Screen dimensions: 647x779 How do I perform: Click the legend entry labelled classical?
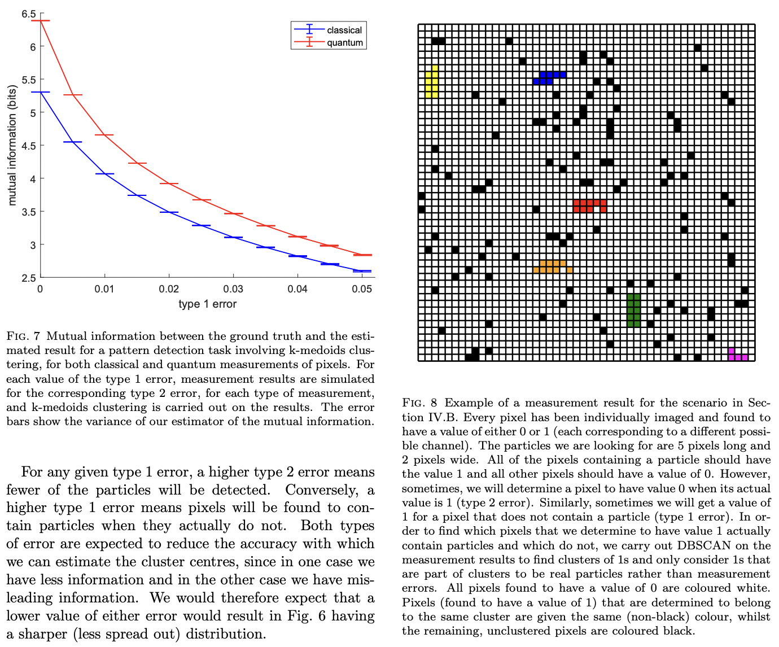(344, 30)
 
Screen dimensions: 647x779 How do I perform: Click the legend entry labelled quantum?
(344, 43)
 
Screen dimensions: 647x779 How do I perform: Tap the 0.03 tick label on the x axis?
(233, 290)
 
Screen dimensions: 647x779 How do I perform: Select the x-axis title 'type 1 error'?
(207, 304)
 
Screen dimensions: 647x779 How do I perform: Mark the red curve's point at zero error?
(41, 21)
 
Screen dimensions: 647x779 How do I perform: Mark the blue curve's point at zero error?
(41, 92)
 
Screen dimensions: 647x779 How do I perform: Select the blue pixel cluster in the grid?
(549, 78)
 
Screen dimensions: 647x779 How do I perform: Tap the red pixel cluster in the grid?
(589, 205)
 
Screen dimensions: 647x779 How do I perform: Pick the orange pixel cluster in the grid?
(552, 266)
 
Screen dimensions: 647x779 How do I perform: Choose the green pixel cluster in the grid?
(634, 311)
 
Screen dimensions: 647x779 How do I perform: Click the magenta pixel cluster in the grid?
(738, 355)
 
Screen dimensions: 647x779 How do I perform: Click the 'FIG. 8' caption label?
(419, 403)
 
